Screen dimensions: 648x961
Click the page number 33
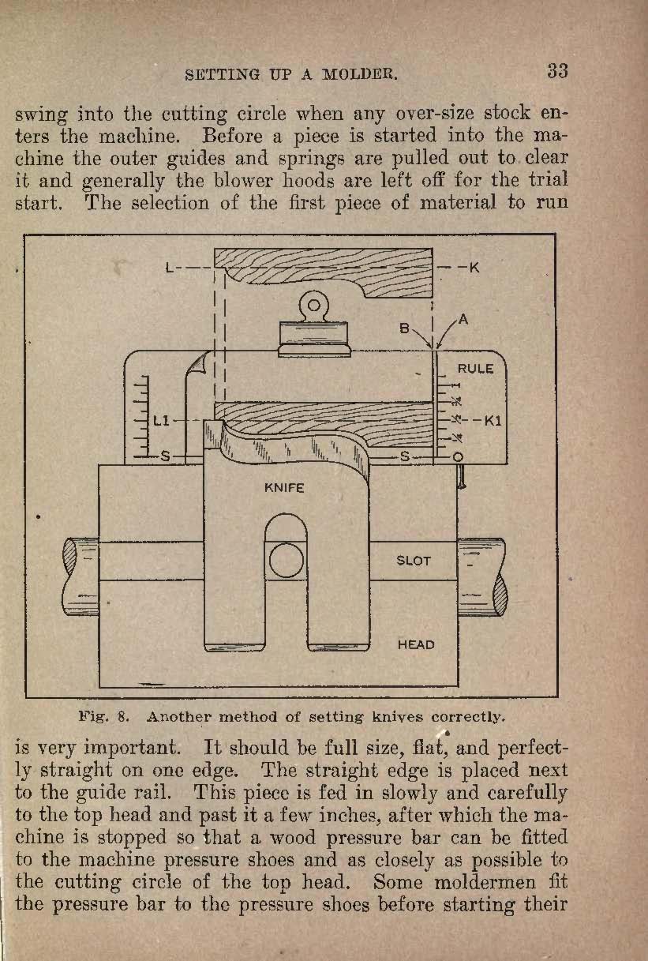click(x=557, y=71)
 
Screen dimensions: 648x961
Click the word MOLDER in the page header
click(x=359, y=75)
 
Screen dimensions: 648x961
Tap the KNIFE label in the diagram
click(x=284, y=488)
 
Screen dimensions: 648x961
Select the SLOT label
click(x=413, y=561)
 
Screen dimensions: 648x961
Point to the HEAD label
click(x=416, y=645)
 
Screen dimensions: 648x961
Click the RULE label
click(x=475, y=369)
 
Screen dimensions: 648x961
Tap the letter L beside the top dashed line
click(x=170, y=268)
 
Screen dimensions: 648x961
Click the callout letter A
click(x=463, y=319)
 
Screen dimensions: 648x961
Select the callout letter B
click(x=404, y=328)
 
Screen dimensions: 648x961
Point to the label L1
click(x=161, y=421)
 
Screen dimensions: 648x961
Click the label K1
click(x=493, y=420)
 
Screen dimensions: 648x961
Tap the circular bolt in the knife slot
click(x=286, y=561)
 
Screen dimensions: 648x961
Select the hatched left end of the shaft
click(x=70, y=557)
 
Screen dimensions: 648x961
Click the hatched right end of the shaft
click(x=500, y=595)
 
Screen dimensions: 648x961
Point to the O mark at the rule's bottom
click(x=458, y=457)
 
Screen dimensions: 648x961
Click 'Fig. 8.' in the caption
click(x=103, y=717)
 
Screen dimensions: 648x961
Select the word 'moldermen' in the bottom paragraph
click(x=485, y=882)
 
